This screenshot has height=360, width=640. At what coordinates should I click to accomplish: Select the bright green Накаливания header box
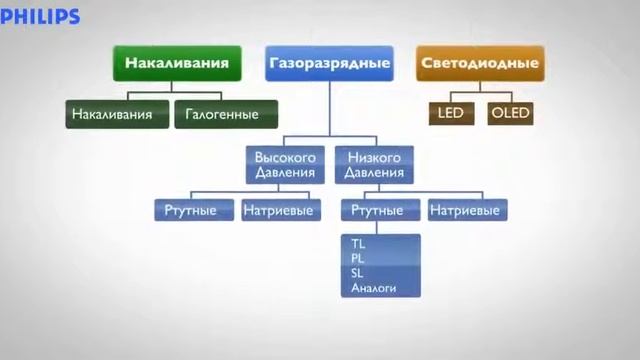click(177, 63)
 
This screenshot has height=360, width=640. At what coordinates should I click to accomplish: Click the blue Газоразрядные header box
click(328, 63)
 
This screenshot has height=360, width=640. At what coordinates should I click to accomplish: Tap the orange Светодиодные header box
click(480, 63)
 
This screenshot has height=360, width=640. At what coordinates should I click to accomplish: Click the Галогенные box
click(221, 114)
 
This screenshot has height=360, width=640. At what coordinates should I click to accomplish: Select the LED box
click(451, 113)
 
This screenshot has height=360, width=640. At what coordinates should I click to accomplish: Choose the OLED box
click(509, 113)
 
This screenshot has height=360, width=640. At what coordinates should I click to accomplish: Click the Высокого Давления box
click(285, 165)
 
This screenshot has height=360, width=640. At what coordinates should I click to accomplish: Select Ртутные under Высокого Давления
click(193, 211)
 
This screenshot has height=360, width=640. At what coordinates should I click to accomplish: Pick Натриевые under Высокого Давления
click(279, 211)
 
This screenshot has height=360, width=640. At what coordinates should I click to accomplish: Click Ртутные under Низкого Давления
click(378, 211)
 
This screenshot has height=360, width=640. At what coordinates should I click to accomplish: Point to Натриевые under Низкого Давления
click(466, 211)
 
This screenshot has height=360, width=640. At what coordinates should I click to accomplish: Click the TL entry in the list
click(359, 243)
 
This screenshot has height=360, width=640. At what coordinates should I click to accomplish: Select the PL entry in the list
click(359, 258)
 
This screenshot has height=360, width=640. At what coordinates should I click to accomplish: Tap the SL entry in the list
click(359, 273)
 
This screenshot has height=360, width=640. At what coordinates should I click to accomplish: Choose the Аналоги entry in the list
click(374, 288)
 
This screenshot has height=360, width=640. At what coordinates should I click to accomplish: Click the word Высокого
click(285, 158)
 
